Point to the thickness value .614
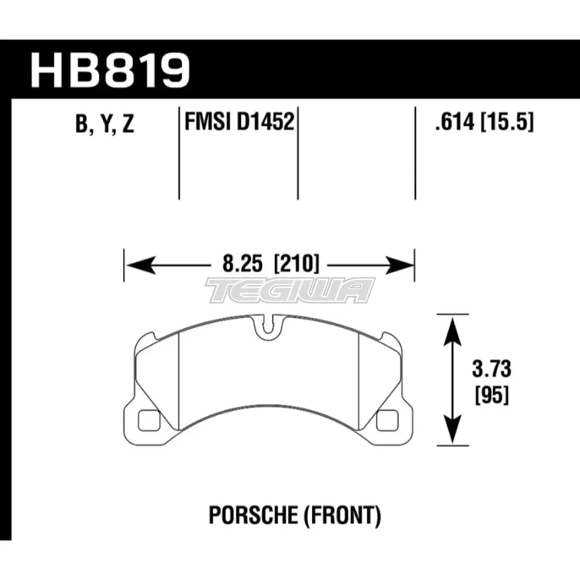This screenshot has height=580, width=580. point(448,123)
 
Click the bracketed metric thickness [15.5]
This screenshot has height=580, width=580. point(507,123)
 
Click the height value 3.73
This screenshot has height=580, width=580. point(487,369)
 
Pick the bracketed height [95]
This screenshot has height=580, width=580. point(487,396)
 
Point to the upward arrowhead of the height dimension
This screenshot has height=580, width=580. point(451,325)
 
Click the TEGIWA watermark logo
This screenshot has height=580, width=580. point(290,289)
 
